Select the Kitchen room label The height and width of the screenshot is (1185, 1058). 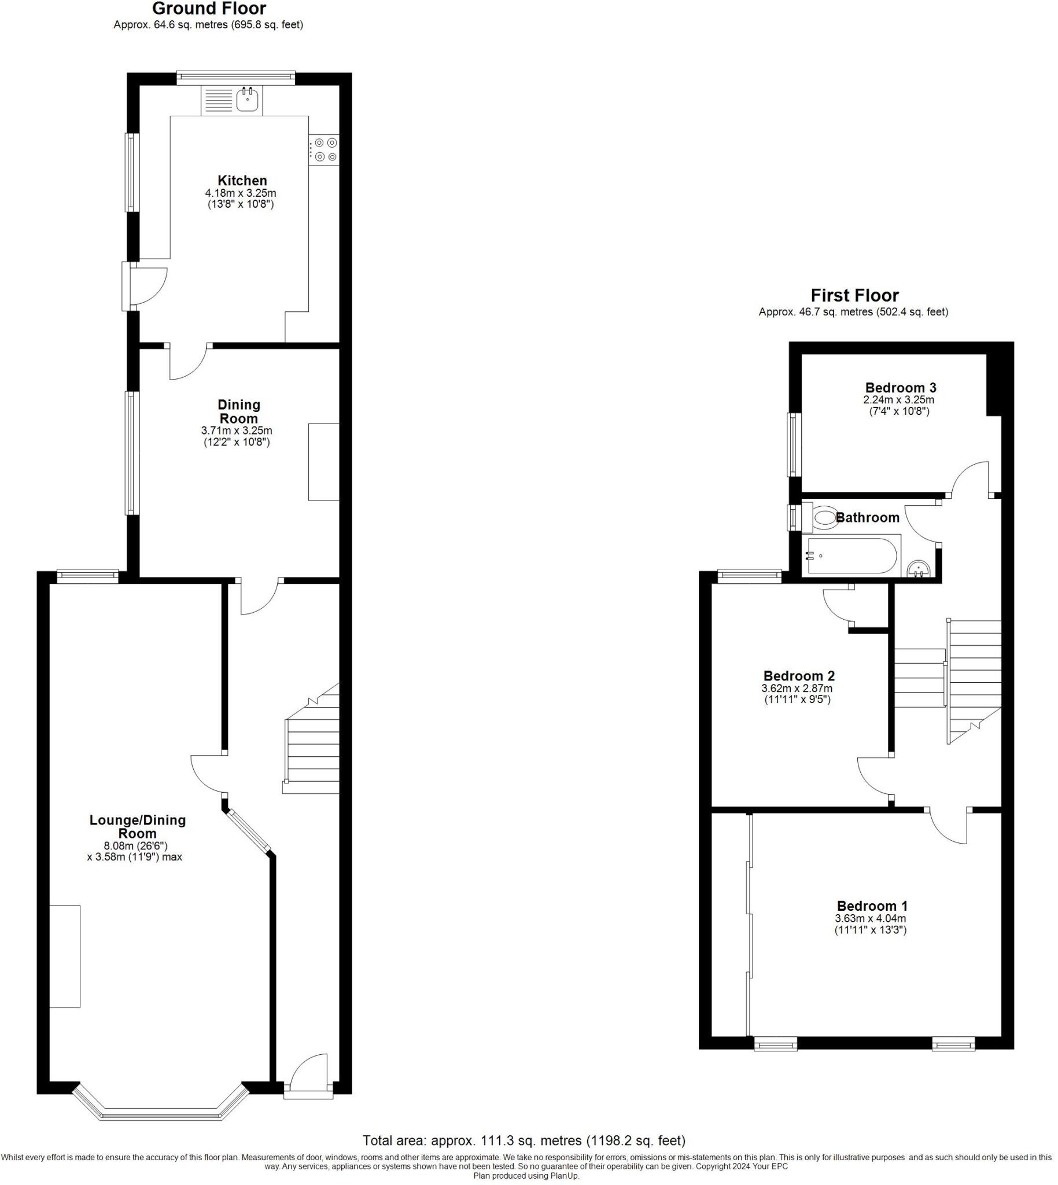242,181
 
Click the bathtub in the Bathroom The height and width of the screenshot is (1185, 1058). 851,556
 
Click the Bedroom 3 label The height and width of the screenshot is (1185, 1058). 901,387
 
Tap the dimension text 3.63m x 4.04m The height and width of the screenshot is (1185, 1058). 870,919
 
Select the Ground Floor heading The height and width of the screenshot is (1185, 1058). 209,9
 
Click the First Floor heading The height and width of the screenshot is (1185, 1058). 854,295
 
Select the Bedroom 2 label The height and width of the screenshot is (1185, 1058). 799,676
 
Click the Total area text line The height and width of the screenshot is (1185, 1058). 524,1140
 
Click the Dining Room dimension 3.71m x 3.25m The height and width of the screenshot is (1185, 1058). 237,431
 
